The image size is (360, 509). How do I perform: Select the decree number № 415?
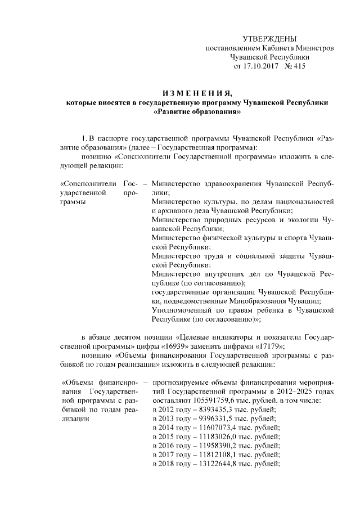click(295, 66)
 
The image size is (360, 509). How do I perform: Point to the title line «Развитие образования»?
click(196, 112)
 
